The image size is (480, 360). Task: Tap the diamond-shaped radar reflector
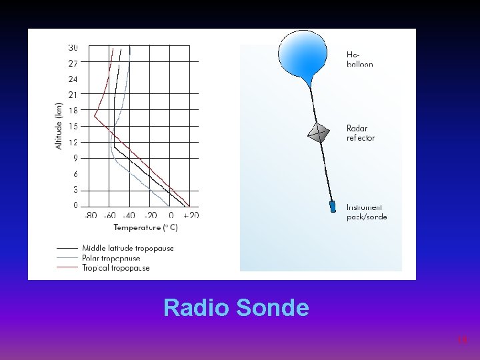319,132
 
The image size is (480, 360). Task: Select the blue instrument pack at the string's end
333,207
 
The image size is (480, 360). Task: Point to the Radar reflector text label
361,133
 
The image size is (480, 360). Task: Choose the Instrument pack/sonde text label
366,212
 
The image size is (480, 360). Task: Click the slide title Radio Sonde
236,308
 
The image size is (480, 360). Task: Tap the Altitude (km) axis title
59,125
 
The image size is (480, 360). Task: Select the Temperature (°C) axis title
145,227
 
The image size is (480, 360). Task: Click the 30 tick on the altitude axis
73,47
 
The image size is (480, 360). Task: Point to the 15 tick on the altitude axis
73,126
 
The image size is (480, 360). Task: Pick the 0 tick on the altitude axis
75,205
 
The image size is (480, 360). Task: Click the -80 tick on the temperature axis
91,215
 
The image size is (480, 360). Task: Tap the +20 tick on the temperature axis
191,215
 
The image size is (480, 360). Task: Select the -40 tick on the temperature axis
129,215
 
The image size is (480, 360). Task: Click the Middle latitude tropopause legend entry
127,248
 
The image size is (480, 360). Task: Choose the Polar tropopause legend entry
111,258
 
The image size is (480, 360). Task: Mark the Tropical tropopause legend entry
115,268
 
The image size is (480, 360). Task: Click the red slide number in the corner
463,340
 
